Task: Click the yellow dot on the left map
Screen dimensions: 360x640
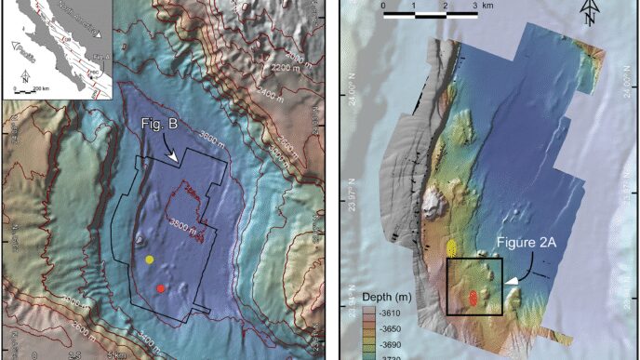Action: pyautogui.click(x=149, y=260)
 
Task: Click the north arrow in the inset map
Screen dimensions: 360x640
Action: pyautogui.click(x=22, y=79)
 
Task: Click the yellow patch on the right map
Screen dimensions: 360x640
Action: pyautogui.click(x=451, y=247)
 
